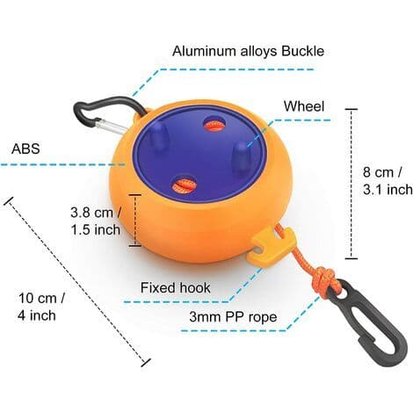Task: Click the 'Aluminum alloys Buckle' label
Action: pyautogui.click(x=248, y=51)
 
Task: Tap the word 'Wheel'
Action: pyautogui.click(x=304, y=106)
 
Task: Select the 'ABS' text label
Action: pyautogui.click(x=25, y=149)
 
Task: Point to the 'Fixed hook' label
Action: pyautogui.click(x=175, y=287)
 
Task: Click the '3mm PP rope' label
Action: pyautogui.click(x=233, y=317)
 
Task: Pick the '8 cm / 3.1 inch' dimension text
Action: pyautogui.click(x=388, y=181)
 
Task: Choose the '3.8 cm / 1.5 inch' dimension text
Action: pyautogui.click(x=96, y=221)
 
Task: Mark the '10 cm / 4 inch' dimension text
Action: pyautogui.click(x=41, y=307)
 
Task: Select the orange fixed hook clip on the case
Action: pyautogui.click(x=271, y=244)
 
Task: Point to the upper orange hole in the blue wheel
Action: pyautogui.click(x=214, y=124)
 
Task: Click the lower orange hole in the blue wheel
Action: pyautogui.click(x=182, y=186)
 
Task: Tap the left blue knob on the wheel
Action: pyautogui.click(x=157, y=134)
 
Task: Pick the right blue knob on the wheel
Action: pyautogui.click(x=242, y=156)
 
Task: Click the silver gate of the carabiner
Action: pyautogui.click(x=110, y=127)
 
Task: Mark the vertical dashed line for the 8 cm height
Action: pyautogui.click(x=351, y=184)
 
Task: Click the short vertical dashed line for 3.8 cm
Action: pyautogui.click(x=135, y=221)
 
